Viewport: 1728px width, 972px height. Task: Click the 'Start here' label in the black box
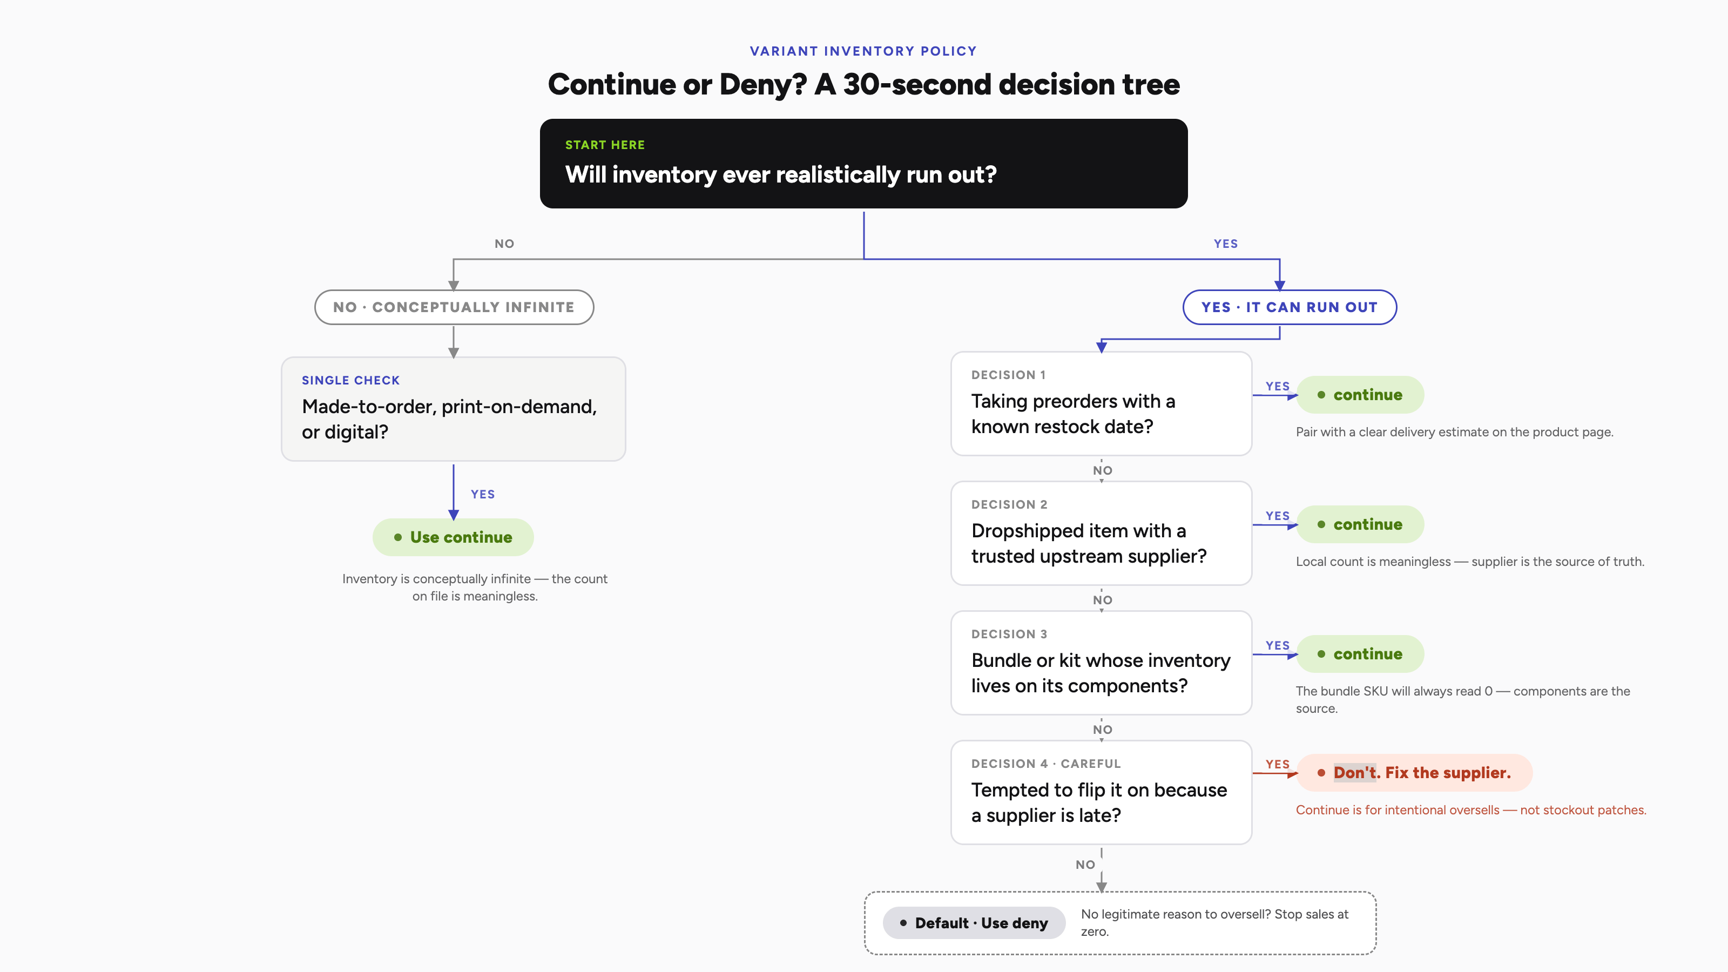click(x=604, y=145)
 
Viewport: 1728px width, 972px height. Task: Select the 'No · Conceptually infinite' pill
click(x=454, y=307)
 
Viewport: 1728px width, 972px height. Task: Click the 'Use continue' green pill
click(x=454, y=537)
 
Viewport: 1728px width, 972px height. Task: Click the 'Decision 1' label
click(x=1008, y=375)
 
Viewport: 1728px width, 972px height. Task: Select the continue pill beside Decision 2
click(x=1360, y=524)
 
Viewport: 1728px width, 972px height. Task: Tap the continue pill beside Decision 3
click(x=1360, y=654)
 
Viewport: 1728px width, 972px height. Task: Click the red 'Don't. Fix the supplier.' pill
click(x=1414, y=773)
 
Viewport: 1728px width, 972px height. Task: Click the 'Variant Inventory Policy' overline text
click(x=863, y=51)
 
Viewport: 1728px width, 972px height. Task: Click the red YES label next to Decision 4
click(x=1277, y=764)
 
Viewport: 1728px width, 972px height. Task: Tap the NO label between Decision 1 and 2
click(x=1102, y=470)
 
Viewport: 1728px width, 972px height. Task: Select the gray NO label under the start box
click(x=504, y=244)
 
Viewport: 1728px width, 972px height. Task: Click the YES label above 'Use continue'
click(x=482, y=495)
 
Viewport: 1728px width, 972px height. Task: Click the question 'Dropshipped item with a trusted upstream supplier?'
click(x=1088, y=543)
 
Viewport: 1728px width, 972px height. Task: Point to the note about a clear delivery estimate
click(x=1454, y=432)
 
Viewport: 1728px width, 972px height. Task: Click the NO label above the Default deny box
click(x=1085, y=865)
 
